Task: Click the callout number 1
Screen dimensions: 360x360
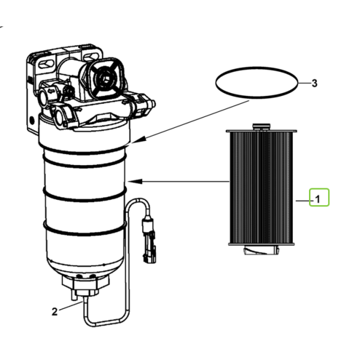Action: pos(318,199)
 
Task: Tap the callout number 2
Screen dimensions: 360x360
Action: pos(55,312)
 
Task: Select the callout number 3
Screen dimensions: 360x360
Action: pos(314,83)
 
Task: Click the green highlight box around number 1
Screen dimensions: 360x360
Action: pos(319,197)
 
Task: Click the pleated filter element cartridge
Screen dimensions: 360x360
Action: pos(262,188)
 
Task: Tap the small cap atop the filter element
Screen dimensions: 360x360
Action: pos(261,127)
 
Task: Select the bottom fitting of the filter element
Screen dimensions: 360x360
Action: pos(261,250)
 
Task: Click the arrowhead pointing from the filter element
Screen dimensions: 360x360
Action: pos(135,181)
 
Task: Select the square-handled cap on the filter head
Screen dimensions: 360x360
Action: pos(105,77)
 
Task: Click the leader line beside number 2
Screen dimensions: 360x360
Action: pos(70,307)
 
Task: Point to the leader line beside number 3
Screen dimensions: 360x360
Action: pos(304,83)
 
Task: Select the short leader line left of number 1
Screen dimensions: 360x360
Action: pos(302,201)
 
